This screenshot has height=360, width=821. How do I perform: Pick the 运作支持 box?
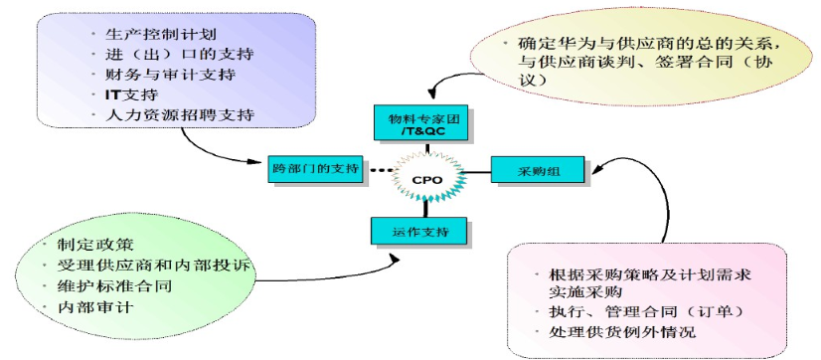[417, 232]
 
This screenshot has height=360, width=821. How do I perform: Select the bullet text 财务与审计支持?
[171, 75]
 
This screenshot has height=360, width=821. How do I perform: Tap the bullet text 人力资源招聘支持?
[179, 114]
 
